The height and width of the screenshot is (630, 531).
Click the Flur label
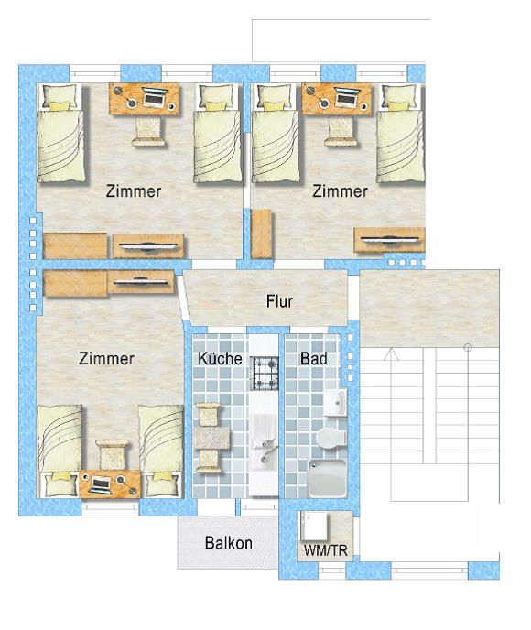point(279,301)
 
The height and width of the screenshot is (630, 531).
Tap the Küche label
point(220,358)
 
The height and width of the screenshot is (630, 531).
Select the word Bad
point(313,358)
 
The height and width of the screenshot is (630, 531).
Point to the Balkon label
point(229,543)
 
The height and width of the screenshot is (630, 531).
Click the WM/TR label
point(326,550)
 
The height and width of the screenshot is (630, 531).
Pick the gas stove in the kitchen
point(265,374)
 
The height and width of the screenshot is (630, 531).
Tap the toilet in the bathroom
point(331,437)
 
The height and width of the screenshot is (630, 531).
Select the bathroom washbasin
point(335,402)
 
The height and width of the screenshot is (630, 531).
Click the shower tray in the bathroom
point(327,478)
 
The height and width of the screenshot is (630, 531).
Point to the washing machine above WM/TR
point(315,527)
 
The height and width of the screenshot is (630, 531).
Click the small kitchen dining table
point(211,438)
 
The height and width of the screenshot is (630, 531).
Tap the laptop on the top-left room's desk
point(154,98)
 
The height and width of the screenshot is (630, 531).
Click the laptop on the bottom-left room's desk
point(101,483)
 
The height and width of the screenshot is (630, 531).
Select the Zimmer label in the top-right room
point(340,191)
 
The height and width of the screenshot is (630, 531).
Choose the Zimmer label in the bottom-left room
point(106,358)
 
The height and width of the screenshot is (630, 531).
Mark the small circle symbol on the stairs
point(468,347)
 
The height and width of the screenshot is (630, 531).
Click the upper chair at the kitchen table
point(208,415)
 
